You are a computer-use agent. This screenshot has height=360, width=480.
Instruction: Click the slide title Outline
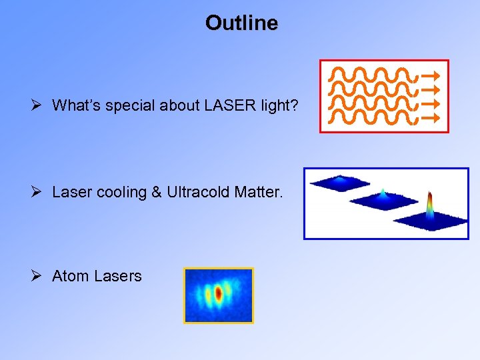(241, 23)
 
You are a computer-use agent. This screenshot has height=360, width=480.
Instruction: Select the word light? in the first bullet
(280, 105)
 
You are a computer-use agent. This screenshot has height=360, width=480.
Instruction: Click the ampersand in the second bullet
(157, 193)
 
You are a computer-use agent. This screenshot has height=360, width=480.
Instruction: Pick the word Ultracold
(198, 193)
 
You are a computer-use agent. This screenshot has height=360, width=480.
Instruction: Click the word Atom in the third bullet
(71, 276)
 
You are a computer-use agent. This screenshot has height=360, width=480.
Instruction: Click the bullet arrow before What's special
(37, 105)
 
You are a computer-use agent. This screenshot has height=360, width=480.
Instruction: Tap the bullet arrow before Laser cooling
(37, 193)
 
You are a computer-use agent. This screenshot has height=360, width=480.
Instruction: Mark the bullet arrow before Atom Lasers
(37, 276)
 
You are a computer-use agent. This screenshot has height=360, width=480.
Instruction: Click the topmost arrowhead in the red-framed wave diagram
(433, 74)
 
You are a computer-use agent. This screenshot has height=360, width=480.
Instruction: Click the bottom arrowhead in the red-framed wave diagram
(433, 119)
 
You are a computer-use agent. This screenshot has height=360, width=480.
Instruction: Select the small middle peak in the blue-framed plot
(383, 195)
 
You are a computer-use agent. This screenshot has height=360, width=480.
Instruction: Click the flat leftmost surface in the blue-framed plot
(340, 181)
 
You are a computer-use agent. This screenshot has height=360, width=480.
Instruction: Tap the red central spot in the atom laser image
(218, 293)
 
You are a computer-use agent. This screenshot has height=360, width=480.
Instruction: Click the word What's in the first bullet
(74, 105)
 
